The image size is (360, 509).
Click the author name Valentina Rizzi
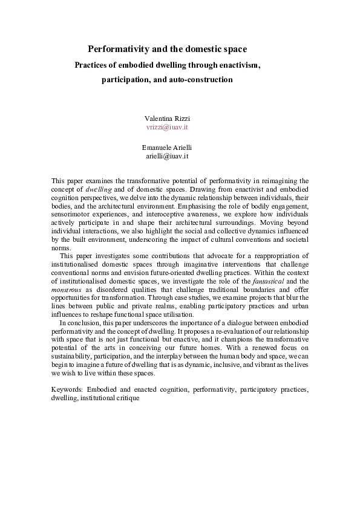pos(168,118)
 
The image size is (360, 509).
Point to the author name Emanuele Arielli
pos(168,148)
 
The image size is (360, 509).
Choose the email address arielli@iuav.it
pos(168,156)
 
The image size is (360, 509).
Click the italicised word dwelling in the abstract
pos(99,189)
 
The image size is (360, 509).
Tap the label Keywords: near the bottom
pos(67,390)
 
